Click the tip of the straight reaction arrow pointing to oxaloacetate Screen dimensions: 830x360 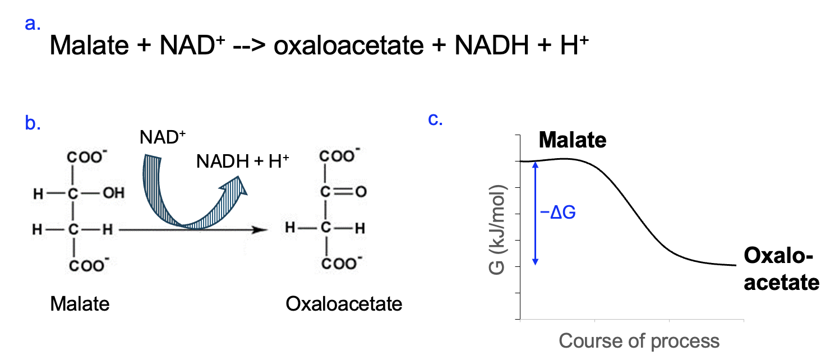click(x=268, y=230)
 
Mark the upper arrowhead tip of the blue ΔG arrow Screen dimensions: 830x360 click(x=535, y=162)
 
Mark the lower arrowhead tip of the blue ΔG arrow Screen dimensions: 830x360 click(x=535, y=265)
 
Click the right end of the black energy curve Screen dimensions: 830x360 click(x=736, y=265)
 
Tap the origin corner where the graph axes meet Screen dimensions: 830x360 click(x=520, y=319)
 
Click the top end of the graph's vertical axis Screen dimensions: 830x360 click(x=520, y=135)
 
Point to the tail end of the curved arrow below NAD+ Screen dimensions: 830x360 click(x=153, y=157)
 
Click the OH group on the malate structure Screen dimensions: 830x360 click(x=113, y=193)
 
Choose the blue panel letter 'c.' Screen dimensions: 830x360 click(x=435, y=119)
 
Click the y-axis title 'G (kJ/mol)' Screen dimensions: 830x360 click(x=497, y=230)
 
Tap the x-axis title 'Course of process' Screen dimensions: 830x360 click(x=639, y=341)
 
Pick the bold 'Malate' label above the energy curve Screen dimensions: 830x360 click(x=573, y=140)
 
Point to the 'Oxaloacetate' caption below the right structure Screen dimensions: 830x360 click(x=344, y=304)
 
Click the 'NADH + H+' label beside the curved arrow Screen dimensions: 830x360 click(x=242, y=161)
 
